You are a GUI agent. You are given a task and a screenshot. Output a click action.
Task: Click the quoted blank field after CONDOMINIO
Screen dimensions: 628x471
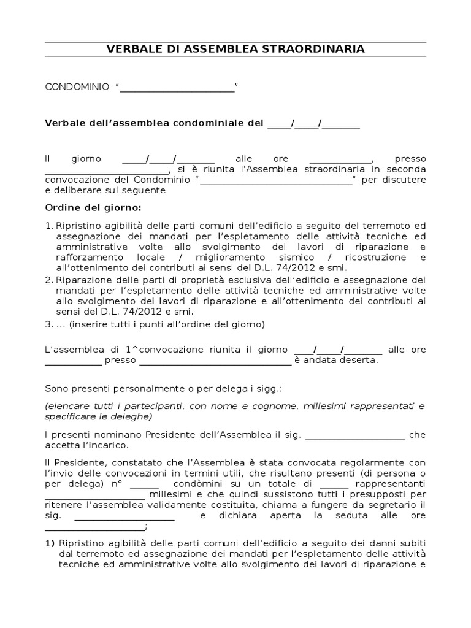177,88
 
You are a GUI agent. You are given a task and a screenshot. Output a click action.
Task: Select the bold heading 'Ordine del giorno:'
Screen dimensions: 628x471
93,207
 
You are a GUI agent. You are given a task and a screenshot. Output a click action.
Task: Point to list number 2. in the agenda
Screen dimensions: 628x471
50,280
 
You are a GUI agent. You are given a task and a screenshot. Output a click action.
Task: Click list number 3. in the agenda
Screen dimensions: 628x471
50,324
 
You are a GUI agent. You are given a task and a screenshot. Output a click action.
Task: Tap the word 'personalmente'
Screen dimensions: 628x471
145,389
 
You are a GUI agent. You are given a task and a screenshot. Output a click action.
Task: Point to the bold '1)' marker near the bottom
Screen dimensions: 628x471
50,543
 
